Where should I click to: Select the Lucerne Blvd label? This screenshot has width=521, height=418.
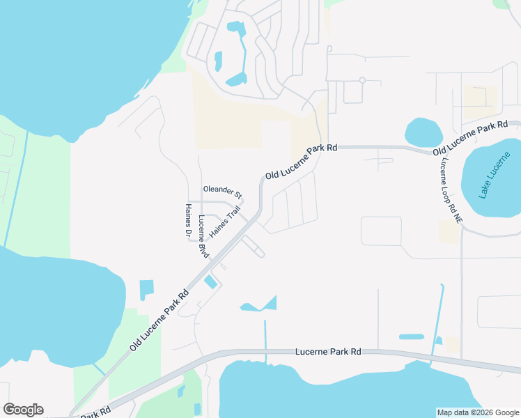[203, 237]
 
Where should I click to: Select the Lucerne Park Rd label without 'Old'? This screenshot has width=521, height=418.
[327, 353]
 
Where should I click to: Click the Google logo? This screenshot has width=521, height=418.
[23, 410]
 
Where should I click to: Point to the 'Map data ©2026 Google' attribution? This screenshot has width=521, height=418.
[478, 412]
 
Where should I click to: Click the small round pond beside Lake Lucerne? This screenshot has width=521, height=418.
[423, 131]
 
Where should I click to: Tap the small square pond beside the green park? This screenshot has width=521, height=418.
[146, 289]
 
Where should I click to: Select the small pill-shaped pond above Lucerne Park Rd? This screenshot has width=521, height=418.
[411, 336]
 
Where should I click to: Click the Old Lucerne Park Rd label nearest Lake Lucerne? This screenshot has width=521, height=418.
[470, 139]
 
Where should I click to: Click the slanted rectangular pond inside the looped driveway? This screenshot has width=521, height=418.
[210, 281]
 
